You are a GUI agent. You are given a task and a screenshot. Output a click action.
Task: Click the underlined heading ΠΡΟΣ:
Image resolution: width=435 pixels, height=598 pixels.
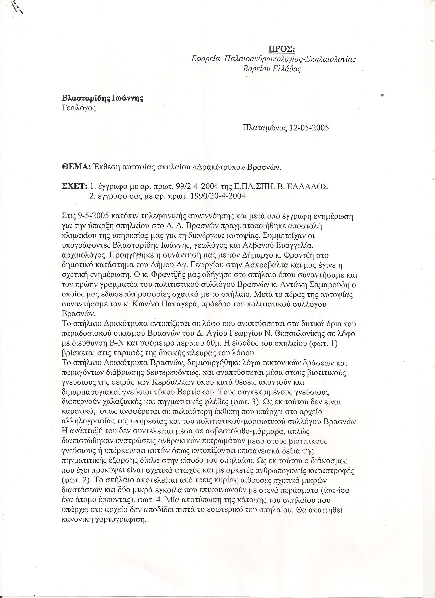[281, 49]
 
